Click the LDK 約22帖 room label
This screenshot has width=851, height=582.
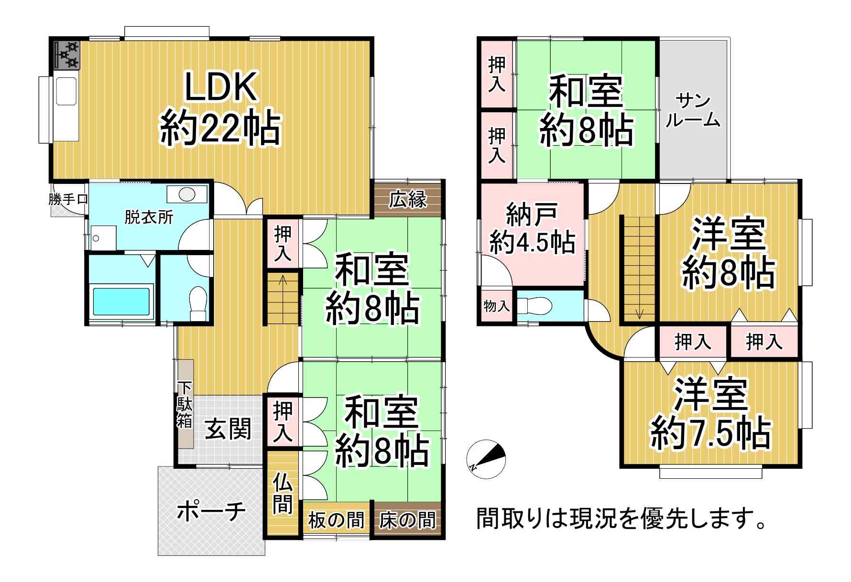220,109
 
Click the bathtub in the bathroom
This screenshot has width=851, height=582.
121,302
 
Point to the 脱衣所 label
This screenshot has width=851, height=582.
149,217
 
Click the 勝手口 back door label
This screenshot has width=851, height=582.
68,199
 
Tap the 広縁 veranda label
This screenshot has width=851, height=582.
408,200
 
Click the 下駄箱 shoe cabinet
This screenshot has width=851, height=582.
185,404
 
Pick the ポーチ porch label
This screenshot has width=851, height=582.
211,511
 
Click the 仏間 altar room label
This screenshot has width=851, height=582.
282,495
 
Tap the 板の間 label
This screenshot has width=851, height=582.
336,520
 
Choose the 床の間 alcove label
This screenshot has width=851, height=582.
407,520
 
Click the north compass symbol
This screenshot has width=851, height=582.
486,459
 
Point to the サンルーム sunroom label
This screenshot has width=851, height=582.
693,110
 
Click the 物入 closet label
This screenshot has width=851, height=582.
497,306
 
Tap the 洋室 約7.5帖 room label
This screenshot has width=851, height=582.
710,414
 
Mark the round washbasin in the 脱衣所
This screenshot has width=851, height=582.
187,194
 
